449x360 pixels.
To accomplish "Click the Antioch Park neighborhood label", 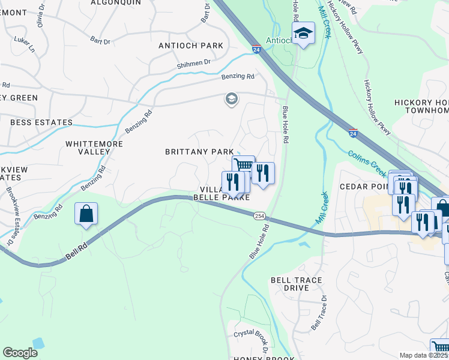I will pyautogui.click(x=191, y=46).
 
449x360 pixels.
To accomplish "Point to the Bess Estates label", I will pyautogui.click(x=41, y=122).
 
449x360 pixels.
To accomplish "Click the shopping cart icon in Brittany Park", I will pyautogui.click(x=244, y=166).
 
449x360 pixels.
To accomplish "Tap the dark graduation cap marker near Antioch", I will pyautogui.click(x=304, y=33).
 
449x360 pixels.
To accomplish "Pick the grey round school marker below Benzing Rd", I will pyautogui.click(x=231, y=99).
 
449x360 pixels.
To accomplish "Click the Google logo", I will pyautogui.click(x=20, y=353).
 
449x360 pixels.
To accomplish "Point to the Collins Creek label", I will pyautogui.click(x=366, y=163).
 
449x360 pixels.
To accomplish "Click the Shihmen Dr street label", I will pyautogui.click(x=194, y=62).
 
